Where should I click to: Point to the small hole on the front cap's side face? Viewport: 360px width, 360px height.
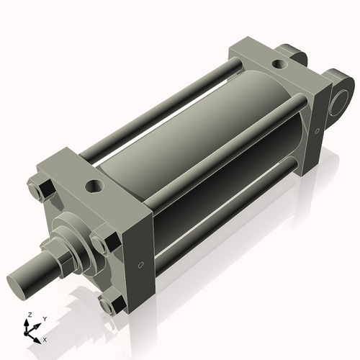click(x=141, y=265)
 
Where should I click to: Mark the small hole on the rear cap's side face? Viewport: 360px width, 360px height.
click(x=316, y=130)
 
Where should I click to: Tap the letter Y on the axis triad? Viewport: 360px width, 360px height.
click(x=44, y=318)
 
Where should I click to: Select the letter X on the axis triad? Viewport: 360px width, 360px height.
click(x=45, y=338)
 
